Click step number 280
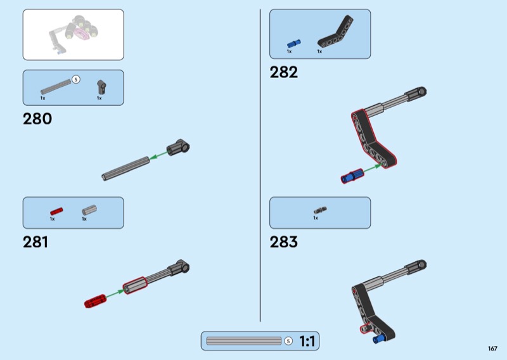(37, 119)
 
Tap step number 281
(35, 241)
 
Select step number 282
(283, 72)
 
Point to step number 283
(283, 241)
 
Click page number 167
(492, 348)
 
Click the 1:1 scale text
(307, 342)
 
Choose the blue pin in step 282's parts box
(293, 44)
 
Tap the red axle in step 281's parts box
(57, 210)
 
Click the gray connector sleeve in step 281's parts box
(88, 210)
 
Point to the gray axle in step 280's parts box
(56, 86)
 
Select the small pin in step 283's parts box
(319, 210)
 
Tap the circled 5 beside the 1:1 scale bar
(288, 341)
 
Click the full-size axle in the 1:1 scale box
(244, 341)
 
